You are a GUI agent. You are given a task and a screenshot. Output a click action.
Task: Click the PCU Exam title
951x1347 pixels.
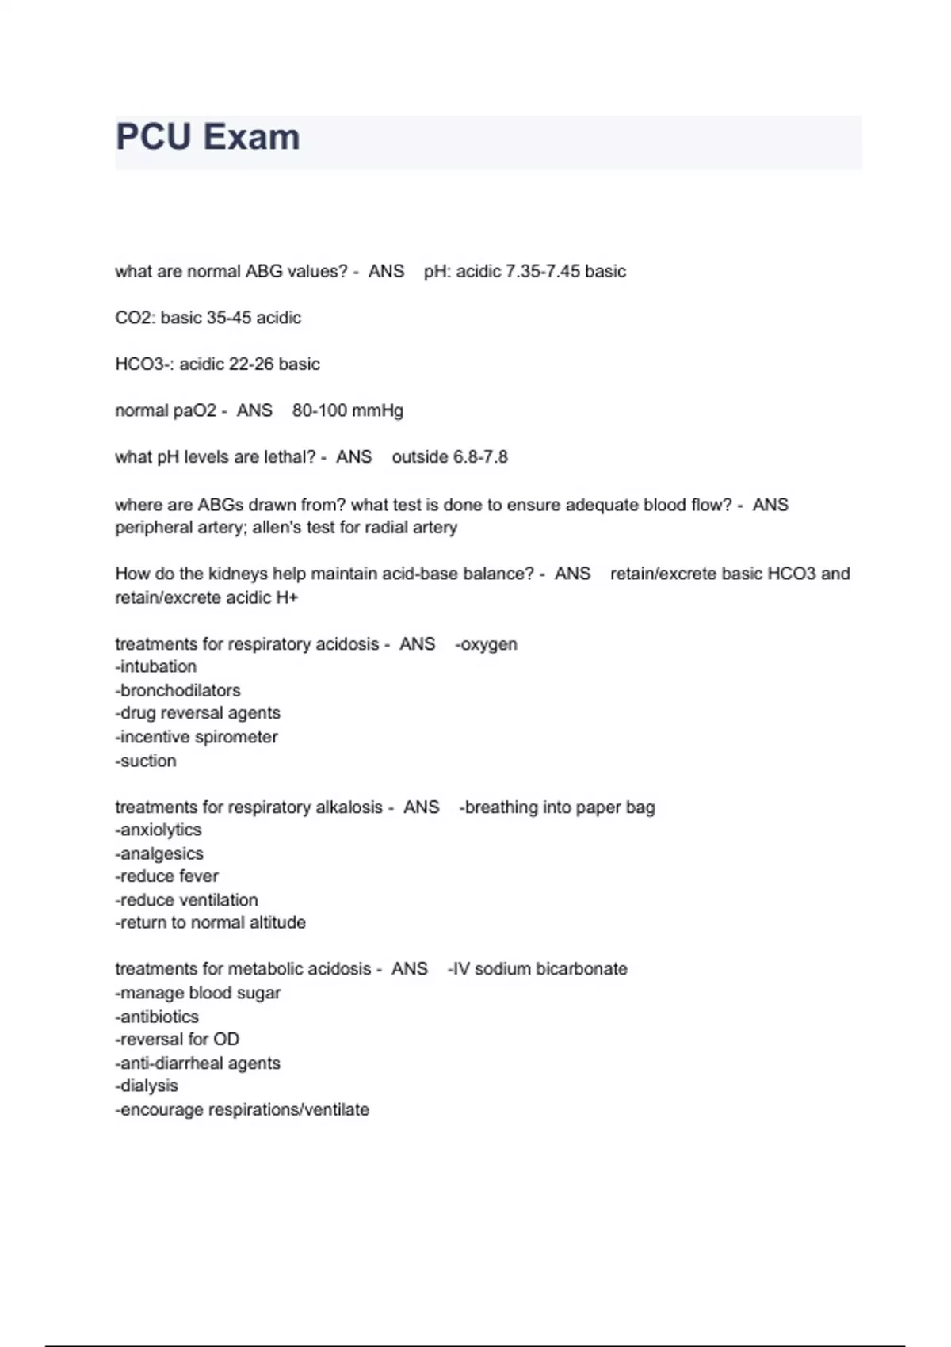[x=208, y=137]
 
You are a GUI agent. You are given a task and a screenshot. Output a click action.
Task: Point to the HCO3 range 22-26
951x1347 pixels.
[x=251, y=364]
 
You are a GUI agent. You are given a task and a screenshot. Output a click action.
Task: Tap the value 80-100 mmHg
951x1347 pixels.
[x=347, y=411]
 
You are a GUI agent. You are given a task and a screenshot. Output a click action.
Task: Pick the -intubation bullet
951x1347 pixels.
[x=155, y=667]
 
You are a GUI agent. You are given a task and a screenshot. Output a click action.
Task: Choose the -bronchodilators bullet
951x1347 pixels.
[x=178, y=691]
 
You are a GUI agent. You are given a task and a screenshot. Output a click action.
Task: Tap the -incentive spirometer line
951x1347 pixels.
[x=196, y=737]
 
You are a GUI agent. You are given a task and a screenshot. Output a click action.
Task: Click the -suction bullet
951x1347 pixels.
[x=146, y=761]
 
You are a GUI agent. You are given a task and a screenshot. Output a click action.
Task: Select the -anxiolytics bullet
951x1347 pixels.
[x=158, y=830]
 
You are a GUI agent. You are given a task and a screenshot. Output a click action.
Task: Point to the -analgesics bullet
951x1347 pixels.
[x=159, y=854]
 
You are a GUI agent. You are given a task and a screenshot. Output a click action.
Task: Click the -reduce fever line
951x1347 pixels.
[x=166, y=876]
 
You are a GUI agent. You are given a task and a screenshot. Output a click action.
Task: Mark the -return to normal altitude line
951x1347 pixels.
[x=210, y=923]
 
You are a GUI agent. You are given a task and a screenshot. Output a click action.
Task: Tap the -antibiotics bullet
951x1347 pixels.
[x=157, y=1017]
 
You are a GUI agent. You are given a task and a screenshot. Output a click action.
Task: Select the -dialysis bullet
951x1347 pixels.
[x=147, y=1086]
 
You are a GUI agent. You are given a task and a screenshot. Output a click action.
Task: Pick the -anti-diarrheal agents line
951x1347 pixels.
[x=197, y=1063]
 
